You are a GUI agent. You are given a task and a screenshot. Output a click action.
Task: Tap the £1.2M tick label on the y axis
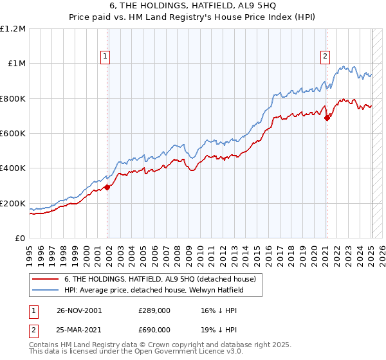(13, 29)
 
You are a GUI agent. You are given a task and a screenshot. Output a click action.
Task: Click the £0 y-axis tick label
(20, 239)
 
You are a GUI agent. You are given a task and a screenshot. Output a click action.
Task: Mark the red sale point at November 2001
(108, 187)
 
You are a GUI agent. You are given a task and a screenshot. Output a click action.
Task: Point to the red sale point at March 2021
(327, 118)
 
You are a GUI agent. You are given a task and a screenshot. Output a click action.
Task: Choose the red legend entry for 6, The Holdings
(160, 279)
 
